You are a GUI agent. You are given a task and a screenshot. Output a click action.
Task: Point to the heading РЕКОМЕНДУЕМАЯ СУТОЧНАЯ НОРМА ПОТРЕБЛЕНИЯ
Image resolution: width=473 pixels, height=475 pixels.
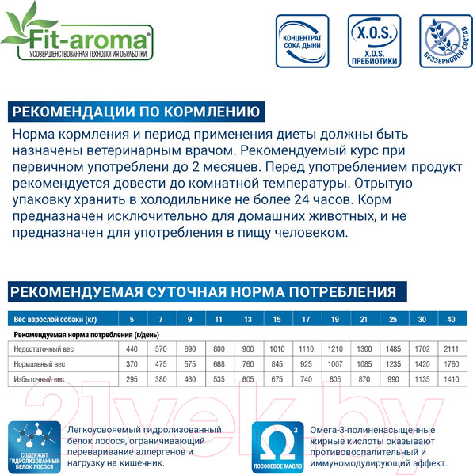203,291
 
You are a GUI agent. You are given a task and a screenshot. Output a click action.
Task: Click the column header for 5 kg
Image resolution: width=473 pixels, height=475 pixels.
132,319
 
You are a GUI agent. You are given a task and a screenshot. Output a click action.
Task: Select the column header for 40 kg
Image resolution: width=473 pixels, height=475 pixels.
452,319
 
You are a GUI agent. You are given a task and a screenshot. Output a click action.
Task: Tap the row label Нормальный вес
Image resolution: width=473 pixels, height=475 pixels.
40,364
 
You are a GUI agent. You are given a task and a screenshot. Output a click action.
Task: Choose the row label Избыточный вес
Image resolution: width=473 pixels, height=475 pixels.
40,379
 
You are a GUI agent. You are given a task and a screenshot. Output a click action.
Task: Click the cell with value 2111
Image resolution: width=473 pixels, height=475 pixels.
452,349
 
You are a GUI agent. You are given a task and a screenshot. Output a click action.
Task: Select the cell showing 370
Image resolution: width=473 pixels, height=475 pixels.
132,364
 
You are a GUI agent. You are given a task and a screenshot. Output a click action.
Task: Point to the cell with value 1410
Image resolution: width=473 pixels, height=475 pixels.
452,379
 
